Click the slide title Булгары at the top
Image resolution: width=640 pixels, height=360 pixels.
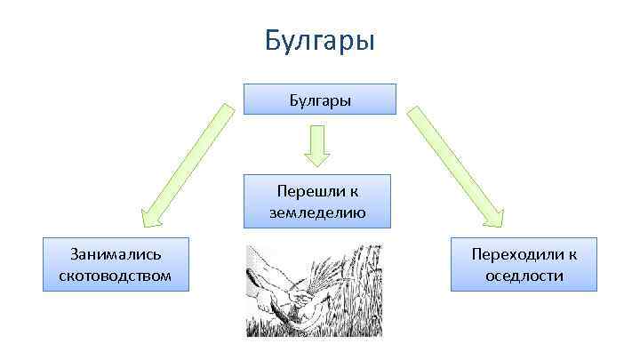point(320,41)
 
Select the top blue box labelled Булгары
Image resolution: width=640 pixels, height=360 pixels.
point(320,100)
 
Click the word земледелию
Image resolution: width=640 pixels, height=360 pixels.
point(317,212)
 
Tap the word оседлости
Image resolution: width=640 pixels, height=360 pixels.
point(524,276)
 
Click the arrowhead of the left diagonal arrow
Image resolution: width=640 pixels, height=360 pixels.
point(150,214)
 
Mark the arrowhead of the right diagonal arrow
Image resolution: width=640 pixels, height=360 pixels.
point(492,217)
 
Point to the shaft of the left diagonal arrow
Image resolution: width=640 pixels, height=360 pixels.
point(191,156)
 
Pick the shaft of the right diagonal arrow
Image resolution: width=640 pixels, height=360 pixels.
point(449,160)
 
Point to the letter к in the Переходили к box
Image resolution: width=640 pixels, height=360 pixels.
point(573,254)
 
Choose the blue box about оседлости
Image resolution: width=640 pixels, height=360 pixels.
point(524,264)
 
